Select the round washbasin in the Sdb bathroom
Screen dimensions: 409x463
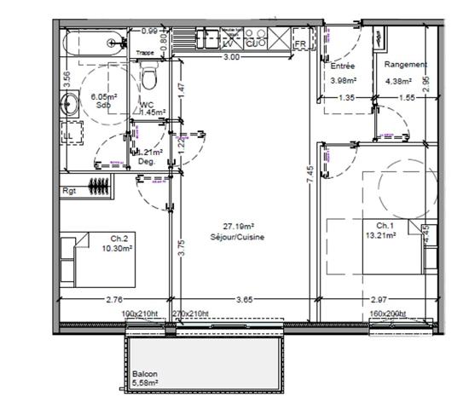(69, 106)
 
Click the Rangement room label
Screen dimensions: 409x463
(405, 65)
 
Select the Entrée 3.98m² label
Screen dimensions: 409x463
(343, 72)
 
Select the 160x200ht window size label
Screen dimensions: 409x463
(389, 313)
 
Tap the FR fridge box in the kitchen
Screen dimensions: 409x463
(300, 43)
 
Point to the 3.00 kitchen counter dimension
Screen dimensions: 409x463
(230, 57)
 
